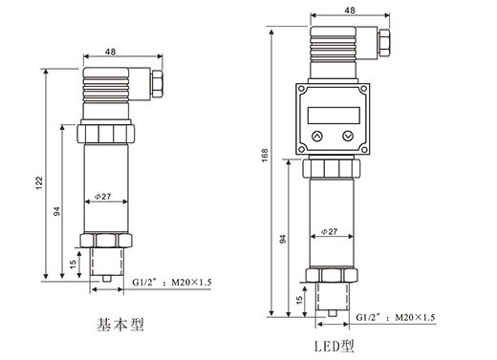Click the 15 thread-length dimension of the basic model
click(x=73, y=263)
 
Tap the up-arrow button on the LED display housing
click(x=316, y=137)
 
